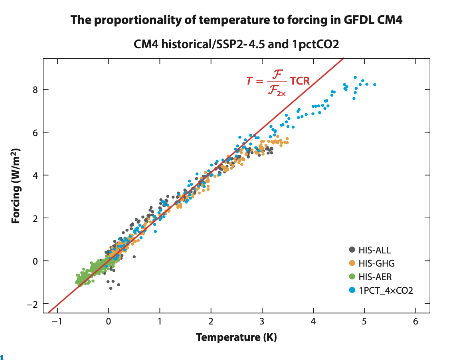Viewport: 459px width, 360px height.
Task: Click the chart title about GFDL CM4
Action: [236, 20]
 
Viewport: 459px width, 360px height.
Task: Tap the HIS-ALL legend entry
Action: [374, 250]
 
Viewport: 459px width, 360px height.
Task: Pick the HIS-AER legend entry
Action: [375, 277]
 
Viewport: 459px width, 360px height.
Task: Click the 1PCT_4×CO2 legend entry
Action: [385, 290]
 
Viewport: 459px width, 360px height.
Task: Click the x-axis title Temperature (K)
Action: [236, 338]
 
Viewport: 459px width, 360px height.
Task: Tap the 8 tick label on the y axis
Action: [36, 89]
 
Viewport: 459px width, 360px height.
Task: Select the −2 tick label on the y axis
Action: [33, 304]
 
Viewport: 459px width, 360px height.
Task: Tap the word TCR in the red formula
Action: [300, 81]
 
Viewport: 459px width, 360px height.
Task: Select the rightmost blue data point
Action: [374, 85]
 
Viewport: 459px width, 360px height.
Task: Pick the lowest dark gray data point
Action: [111, 288]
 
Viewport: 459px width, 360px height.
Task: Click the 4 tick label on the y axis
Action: [36, 175]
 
